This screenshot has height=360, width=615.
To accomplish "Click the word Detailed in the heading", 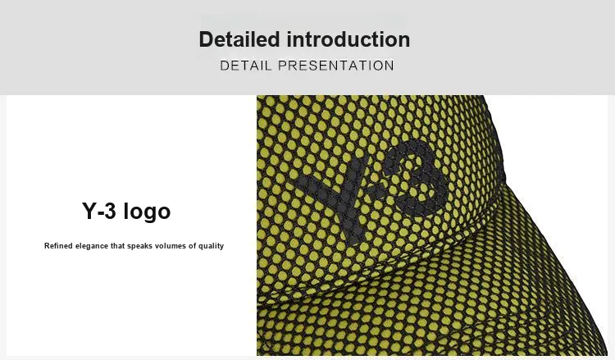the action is pyautogui.click(x=239, y=39).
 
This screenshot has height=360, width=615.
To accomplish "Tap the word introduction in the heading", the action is pyautogui.click(x=348, y=39).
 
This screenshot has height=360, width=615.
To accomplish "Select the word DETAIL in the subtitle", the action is pyautogui.click(x=245, y=66).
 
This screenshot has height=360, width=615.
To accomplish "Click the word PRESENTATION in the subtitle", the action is pyautogui.click(x=335, y=66).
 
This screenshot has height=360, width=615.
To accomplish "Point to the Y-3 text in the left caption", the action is pyautogui.click(x=99, y=211).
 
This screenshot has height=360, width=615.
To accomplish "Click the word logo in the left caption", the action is pyautogui.click(x=147, y=212).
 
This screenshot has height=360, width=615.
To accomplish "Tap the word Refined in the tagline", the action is pyautogui.click(x=58, y=246).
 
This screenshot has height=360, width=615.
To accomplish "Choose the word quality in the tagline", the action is pyautogui.click(x=211, y=247).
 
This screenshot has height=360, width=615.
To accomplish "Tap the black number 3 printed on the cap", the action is pyautogui.click(x=417, y=176).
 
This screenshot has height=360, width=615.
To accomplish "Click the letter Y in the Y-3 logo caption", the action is pyautogui.click(x=89, y=211).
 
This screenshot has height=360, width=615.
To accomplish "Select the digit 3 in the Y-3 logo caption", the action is pyautogui.click(x=110, y=211).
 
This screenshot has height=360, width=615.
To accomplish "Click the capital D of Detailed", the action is pyautogui.click(x=207, y=39).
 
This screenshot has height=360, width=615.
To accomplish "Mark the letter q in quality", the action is pyautogui.click(x=201, y=247).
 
